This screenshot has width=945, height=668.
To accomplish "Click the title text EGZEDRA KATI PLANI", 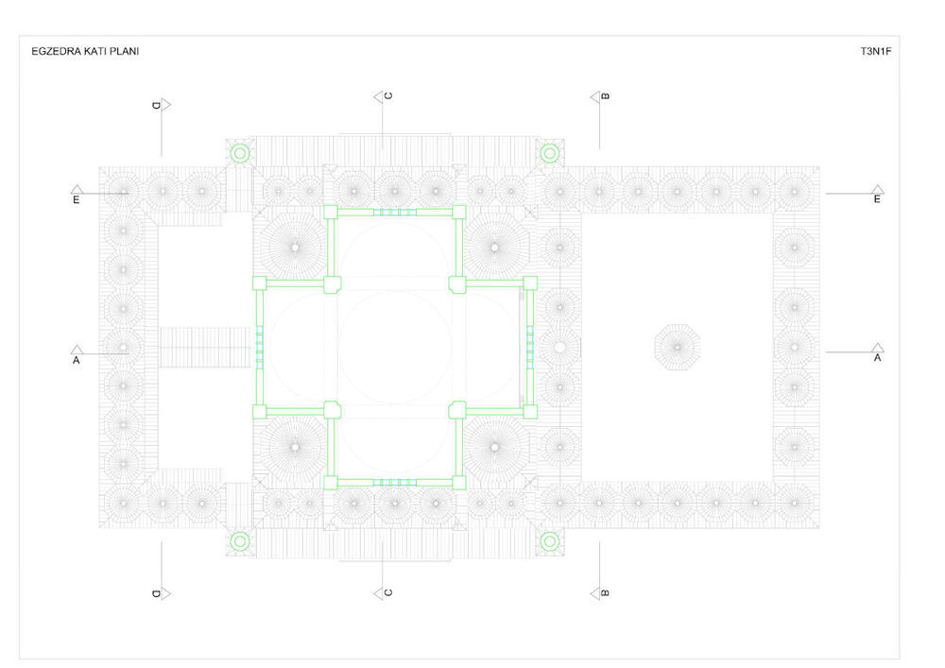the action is click(x=85, y=51).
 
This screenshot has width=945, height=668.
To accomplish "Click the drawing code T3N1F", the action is click(x=876, y=51).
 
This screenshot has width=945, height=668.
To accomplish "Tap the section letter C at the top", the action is click(x=388, y=95).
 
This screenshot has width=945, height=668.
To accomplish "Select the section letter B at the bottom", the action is click(x=606, y=592).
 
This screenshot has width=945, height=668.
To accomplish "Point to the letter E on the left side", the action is click(x=76, y=199).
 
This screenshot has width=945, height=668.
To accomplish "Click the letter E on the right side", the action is click(x=877, y=198).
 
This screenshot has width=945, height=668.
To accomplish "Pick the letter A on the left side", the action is click(x=76, y=360).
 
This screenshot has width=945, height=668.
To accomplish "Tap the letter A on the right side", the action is click(x=877, y=358).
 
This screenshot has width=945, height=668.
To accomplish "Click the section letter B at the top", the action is click(x=606, y=95).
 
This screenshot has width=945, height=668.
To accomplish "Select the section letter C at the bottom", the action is click(x=388, y=592).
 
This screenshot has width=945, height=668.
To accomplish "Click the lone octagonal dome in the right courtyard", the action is click(x=678, y=347).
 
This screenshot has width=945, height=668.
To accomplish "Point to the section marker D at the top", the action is click(x=161, y=106).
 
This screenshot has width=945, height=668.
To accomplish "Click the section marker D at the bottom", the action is click(x=161, y=594).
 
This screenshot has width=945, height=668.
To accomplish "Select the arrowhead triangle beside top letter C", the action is click(x=379, y=96).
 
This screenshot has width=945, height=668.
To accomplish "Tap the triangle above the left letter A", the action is click(x=77, y=350).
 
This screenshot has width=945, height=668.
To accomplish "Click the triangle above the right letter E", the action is click(x=878, y=189).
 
